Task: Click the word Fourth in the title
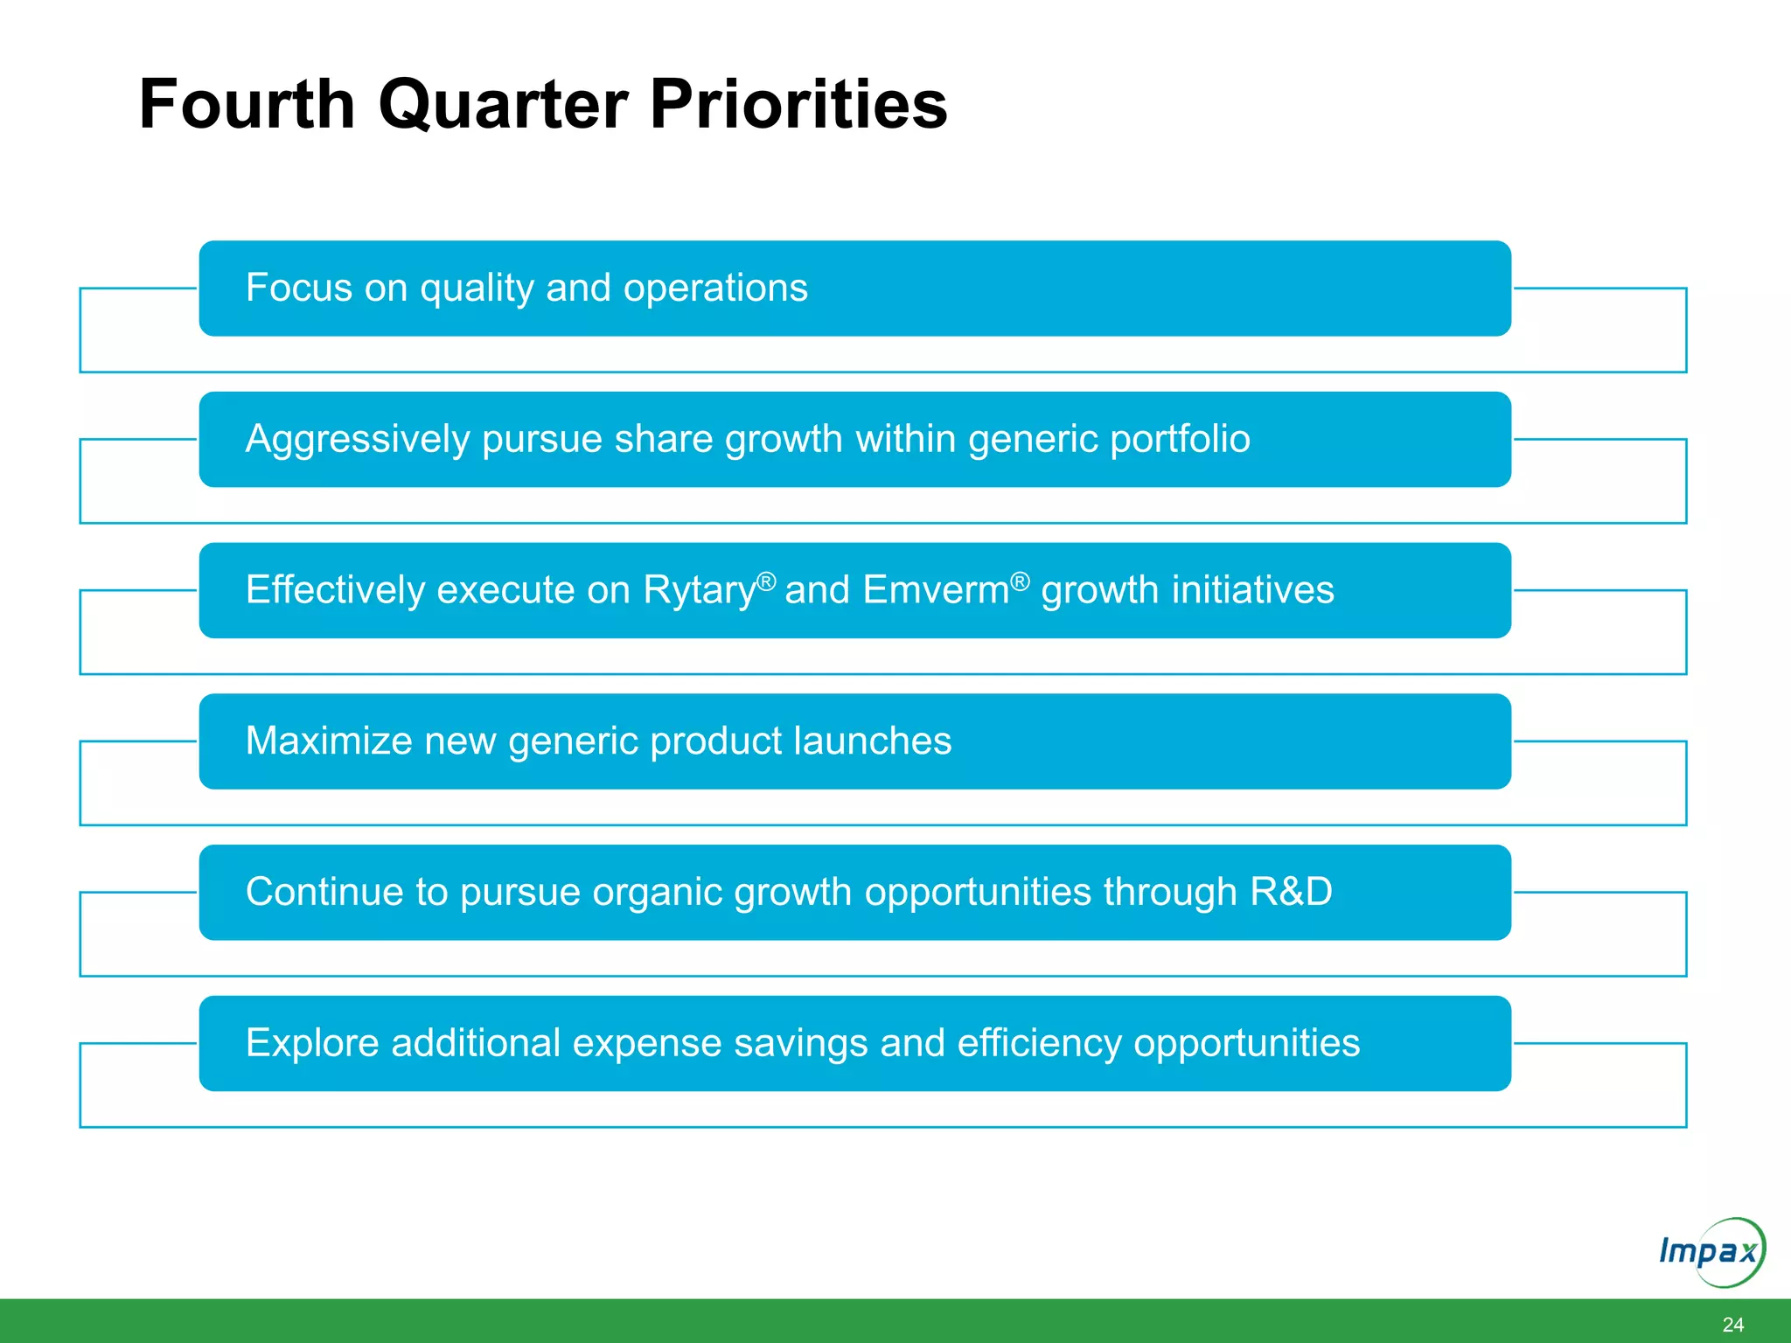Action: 247,105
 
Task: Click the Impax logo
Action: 1711,1252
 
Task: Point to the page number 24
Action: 1732,1325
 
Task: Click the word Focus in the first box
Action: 297,289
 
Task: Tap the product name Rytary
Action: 700,591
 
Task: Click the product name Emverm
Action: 936,590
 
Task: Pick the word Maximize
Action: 328,741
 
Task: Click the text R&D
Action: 1291,893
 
